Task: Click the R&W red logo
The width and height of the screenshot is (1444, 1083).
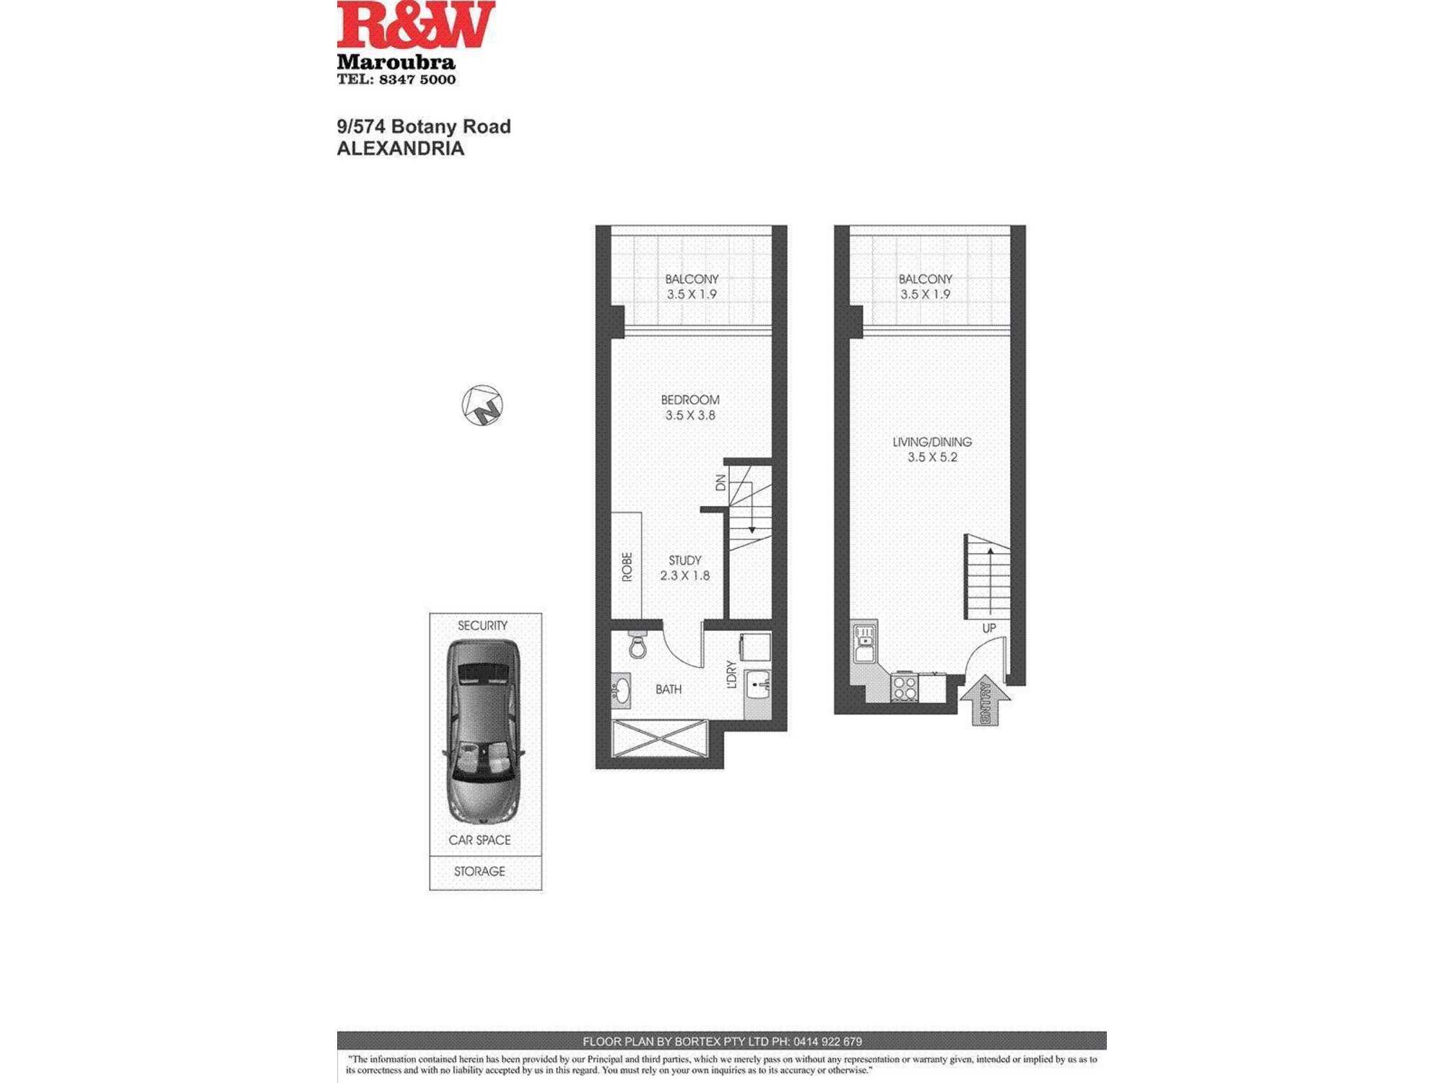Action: (416, 25)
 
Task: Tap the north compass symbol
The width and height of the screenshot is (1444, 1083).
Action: (482, 405)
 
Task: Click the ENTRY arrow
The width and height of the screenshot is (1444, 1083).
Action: (985, 700)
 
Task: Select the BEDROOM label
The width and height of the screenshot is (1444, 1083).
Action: (690, 400)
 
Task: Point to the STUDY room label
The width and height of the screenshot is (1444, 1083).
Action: (684, 560)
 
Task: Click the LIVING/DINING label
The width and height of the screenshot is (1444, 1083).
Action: (932, 442)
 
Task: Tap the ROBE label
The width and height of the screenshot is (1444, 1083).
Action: (627, 567)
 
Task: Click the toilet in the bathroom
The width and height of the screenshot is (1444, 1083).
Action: (638, 644)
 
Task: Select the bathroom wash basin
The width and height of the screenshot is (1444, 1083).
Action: (621, 690)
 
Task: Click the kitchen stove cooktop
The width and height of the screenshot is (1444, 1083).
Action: (904, 687)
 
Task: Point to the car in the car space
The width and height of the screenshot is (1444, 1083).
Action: (482, 731)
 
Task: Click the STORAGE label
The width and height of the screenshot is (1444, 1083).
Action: (479, 871)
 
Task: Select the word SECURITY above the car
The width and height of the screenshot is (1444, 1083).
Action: (482, 625)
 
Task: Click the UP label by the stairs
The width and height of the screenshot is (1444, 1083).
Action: (989, 628)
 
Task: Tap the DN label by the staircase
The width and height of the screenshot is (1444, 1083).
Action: (720, 482)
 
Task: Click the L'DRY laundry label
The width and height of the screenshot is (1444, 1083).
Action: (731, 674)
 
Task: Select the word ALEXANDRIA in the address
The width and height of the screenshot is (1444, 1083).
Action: (401, 149)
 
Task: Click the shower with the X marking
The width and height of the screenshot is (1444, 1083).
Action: (659, 739)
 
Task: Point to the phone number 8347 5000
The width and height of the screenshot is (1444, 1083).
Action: (417, 79)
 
